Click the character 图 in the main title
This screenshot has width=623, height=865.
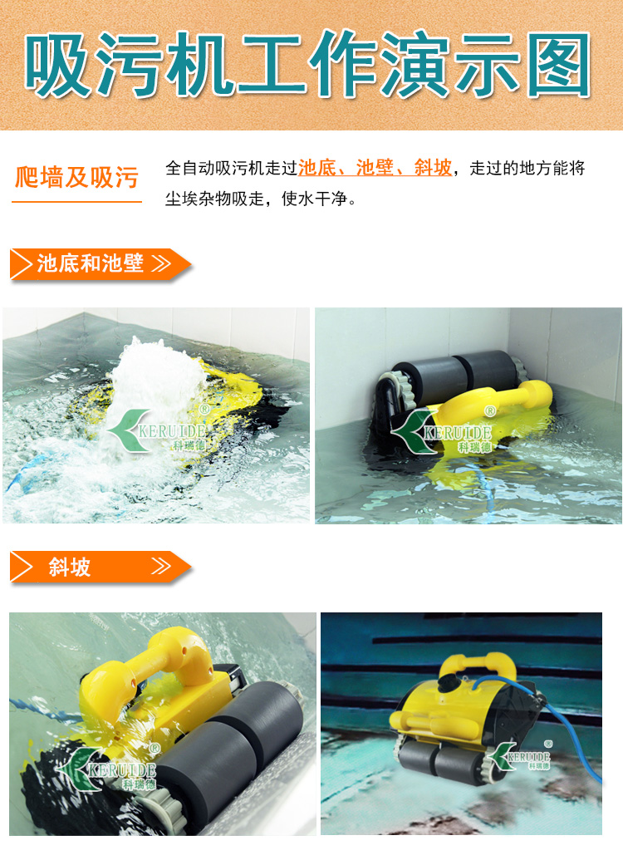(x=558, y=64)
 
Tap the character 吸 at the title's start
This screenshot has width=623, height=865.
(x=56, y=64)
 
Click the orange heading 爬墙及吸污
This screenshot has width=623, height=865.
(x=76, y=178)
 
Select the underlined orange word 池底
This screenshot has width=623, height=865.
(x=316, y=168)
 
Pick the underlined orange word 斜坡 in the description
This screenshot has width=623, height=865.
(x=433, y=168)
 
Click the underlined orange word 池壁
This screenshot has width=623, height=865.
(x=375, y=168)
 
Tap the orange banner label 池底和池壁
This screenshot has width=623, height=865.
(x=91, y=263)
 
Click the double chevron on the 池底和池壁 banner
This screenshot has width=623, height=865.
(x=161, y=263)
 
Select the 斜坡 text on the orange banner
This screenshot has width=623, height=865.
(x=70, y=567)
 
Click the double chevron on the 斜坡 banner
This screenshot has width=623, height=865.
(x=161, y=566)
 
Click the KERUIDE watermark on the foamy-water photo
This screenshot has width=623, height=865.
(x=158, y=430)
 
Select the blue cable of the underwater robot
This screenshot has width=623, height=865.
(x=552, y=711)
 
